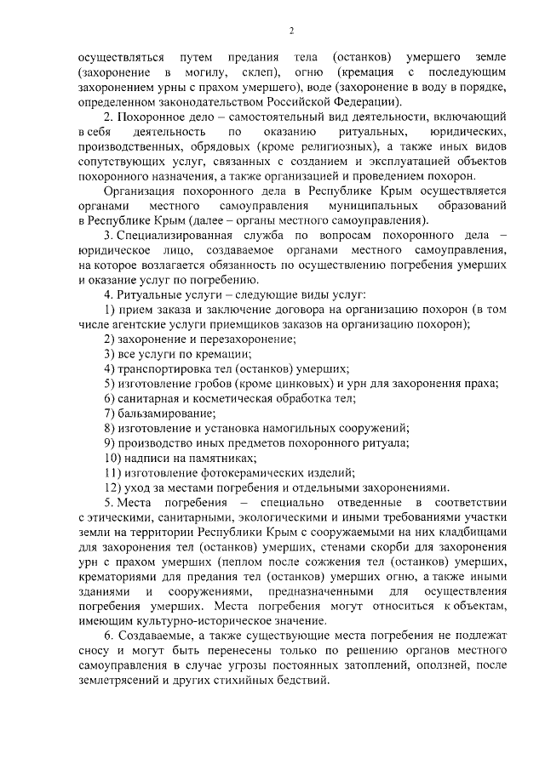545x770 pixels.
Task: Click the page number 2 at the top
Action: click(x=290, y=32)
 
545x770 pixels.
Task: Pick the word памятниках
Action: click(x=194, y=458)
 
